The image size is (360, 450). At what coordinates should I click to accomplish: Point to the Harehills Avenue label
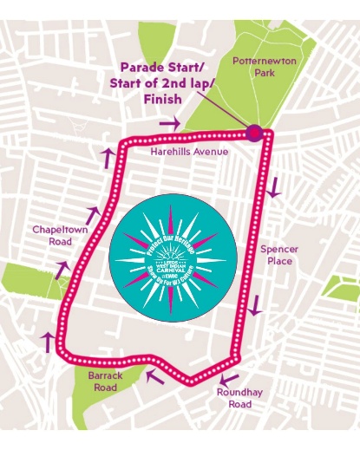pyautogui.click(x=188, y=152)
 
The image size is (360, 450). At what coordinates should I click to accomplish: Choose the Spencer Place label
pyautogui.click(x=279, y=255)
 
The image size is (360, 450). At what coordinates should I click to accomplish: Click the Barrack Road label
pyautogui.click(x=106, y=382)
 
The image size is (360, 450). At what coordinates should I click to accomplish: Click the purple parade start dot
pyautogui.click(x=254, y=133)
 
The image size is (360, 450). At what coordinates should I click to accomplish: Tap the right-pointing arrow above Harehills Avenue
pyautogui.click(x=170, y=124)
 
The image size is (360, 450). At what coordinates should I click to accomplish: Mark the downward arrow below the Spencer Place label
pyautogui.click(x=255, y=305)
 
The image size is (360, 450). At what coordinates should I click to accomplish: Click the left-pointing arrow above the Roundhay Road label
pyautogui.click(x=228, y=378)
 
